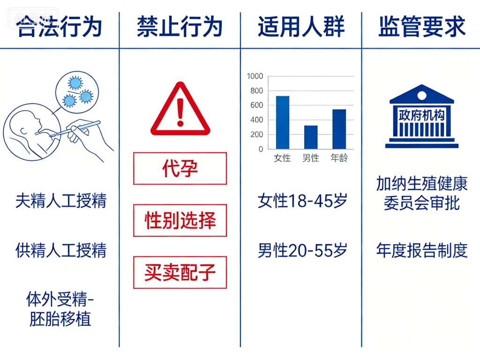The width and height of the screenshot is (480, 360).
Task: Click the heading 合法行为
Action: pyautogui.click(x=60, y=26)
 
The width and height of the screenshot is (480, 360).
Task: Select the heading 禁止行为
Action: pyautogui.click(x=180, y=26)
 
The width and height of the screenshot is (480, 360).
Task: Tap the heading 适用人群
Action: pyautogui.click(x=301, y=26)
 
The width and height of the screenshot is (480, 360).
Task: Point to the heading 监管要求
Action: pyautogui.click(x=422, y=26)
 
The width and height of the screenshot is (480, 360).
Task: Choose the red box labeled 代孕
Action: pyautogui.click(x=180, y=168)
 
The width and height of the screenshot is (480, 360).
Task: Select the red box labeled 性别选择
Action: pyautogui.click(x=180, y=220)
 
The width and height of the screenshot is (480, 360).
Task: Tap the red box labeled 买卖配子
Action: pyautogui.click(x=180, y=272)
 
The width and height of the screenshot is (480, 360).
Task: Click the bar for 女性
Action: pyautogui.click(x=283, y=122)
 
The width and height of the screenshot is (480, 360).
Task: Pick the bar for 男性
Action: pyautogui.click(x=311, y=137)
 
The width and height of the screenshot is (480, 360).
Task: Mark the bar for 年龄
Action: pyautogui.click(x=339, y=129)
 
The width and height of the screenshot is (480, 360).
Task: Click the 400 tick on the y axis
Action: pyautogui.click(x=257, y=120)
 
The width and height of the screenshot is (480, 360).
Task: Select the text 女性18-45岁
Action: pyautogui.click(x=302, y=201)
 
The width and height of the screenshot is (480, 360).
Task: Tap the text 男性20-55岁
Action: pyautogui.click(x=302, y=251)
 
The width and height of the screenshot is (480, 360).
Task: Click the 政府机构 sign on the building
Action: pyautogui.click(x=421, y=115)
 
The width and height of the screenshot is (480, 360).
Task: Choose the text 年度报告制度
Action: pyautogui.click(x=422, y=251)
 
